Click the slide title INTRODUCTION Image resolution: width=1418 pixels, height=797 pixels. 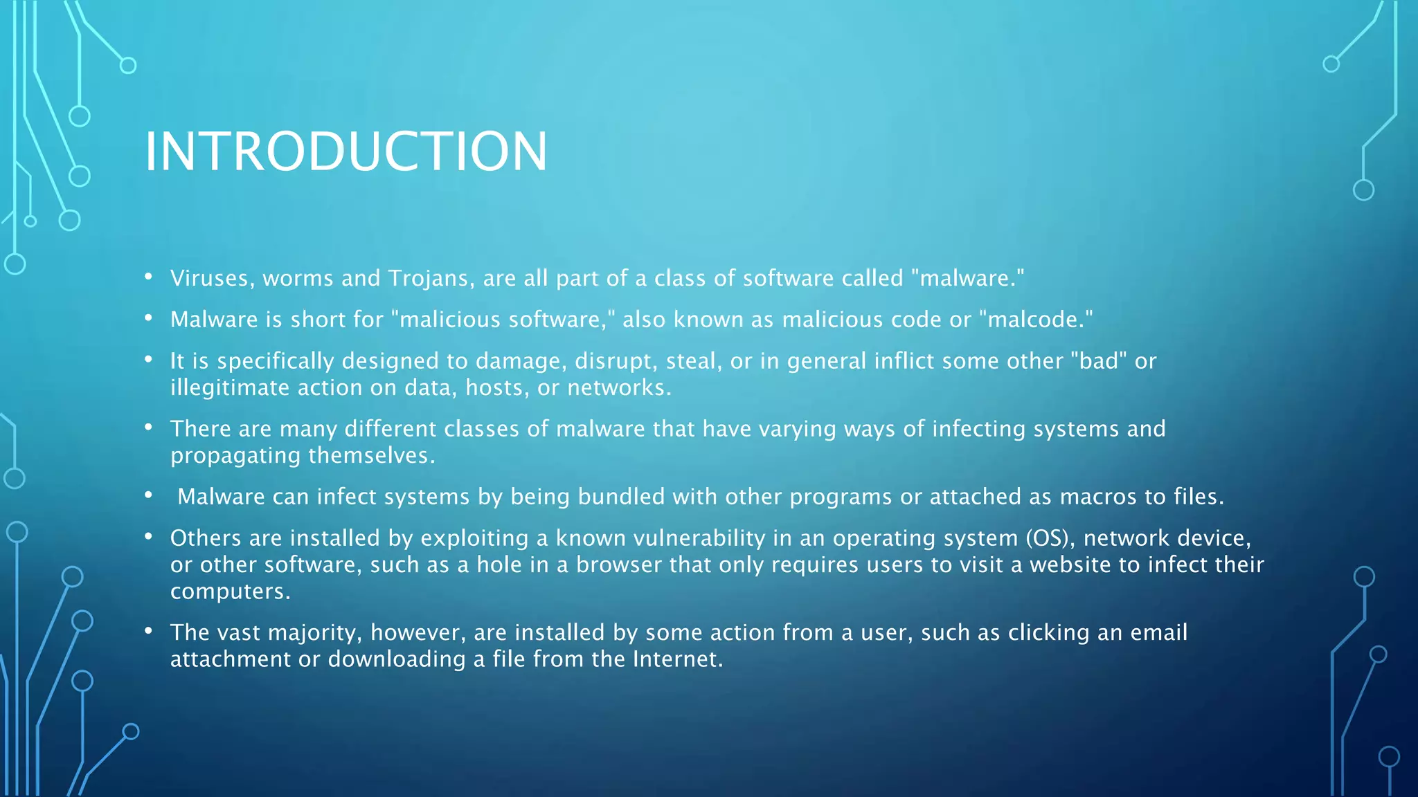pos(345,152)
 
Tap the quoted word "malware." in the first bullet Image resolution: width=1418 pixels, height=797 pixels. pos(967,278)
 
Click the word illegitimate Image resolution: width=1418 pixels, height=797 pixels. pos(230,388)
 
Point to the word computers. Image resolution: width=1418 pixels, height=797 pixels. pos(228,592)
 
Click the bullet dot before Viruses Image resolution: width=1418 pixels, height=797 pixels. pos(148,277)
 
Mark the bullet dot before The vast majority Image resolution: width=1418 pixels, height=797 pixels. pos(148,631)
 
